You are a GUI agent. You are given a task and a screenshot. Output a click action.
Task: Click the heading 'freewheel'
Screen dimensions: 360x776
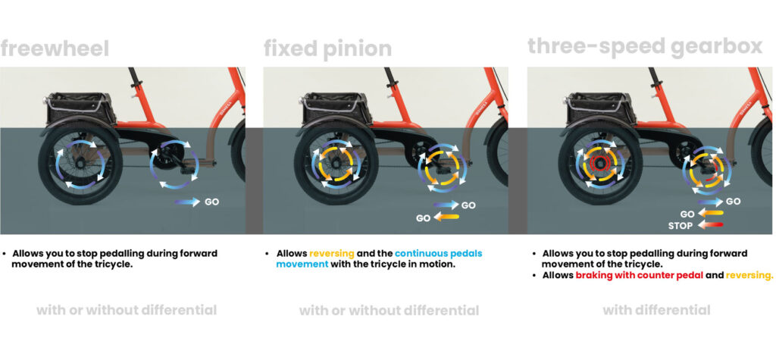click(x=55, y=49)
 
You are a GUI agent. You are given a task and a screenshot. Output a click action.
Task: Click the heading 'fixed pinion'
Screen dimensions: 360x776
click(x=327, y=49)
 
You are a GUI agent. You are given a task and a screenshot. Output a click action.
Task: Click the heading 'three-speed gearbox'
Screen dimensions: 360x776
click(x=644, y=46)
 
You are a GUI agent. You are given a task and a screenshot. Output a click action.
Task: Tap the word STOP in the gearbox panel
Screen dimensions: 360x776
click(x=681, y=225)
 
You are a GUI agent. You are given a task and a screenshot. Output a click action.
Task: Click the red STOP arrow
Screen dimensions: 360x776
click(x=711, y=225)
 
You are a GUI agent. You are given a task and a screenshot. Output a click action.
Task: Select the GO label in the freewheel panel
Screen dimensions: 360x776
click(x=213, y=202)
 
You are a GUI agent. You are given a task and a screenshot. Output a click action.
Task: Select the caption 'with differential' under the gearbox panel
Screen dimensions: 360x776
click(x=656, y=310)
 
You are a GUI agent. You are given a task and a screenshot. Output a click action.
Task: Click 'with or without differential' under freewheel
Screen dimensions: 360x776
click(x=127, y=310)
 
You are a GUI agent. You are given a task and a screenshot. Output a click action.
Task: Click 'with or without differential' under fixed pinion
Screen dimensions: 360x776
click(x=389, y=310)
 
